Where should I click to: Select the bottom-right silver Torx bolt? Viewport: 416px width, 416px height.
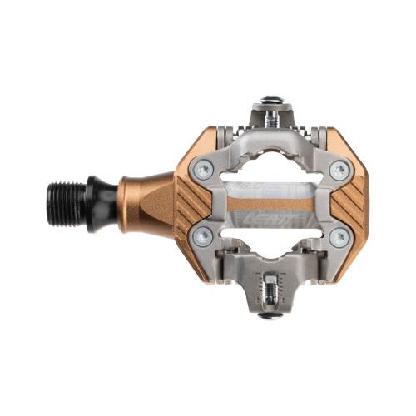(x=337, y=238)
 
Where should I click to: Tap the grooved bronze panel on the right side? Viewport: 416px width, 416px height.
(x=348, y=204)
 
